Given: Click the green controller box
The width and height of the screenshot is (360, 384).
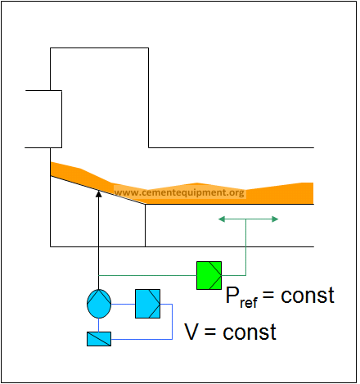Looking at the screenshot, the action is tap(209, 275).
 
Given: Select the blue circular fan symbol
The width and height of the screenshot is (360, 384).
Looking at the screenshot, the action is tap(99, 304).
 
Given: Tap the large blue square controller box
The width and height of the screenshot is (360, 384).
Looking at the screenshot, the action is tap(147, 304).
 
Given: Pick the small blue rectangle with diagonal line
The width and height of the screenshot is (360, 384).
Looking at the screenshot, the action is tap(99, 339).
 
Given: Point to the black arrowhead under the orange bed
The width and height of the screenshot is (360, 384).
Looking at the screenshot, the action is tap(99, 194).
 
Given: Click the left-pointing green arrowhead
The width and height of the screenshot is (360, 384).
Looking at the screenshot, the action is tap(222, 219).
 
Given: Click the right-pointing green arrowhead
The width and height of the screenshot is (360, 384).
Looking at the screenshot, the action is tap(275, 219).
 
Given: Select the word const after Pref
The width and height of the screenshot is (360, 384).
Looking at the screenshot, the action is tap(308, 296).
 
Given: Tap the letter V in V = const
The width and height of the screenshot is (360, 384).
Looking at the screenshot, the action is tap(191, 332).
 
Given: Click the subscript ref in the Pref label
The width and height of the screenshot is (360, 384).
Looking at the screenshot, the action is tap(249, 303).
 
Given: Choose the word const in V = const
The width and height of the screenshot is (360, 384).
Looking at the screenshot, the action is tap(250, 332).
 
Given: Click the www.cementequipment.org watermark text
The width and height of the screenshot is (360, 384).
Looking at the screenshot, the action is tap(179, 192).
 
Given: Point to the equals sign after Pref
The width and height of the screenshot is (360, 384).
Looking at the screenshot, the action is tap(268, 296).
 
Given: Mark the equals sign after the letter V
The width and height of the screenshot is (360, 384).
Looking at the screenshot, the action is tap(210, 332).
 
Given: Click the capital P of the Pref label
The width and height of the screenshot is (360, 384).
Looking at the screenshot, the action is tap(232, 295).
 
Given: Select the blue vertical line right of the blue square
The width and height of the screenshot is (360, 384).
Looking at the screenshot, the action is tap(172, 322).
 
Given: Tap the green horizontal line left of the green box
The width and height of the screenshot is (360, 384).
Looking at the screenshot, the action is tap(147, 275).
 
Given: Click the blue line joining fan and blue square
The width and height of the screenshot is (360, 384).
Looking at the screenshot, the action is tap(123, 304).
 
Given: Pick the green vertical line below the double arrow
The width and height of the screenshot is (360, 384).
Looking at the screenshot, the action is tap(245, 247).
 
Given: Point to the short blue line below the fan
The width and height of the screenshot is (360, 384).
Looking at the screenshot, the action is tap(98, 325).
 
